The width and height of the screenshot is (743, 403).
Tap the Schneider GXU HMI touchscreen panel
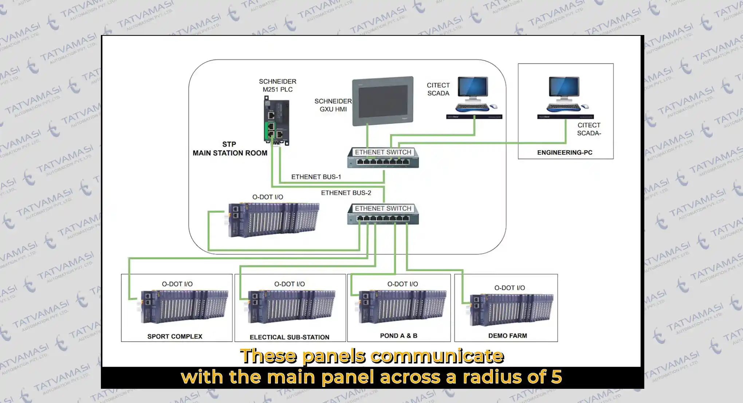383,101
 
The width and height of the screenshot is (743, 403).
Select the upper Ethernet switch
383,158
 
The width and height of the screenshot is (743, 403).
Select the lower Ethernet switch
383,214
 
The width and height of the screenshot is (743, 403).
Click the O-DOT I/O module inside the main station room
274,219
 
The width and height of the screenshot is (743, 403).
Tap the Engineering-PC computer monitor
564,89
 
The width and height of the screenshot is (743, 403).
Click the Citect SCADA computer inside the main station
473,97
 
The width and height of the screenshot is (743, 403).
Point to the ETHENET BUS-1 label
316,177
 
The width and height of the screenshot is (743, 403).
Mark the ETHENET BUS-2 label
346,193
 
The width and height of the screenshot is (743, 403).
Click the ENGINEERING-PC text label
565,152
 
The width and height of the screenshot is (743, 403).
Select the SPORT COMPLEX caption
175,336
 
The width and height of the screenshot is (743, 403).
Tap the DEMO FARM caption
507,336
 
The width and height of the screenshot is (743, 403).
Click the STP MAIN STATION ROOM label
230,149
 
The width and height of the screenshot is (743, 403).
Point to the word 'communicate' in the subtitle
437,356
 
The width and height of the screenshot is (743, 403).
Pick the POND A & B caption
398,336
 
